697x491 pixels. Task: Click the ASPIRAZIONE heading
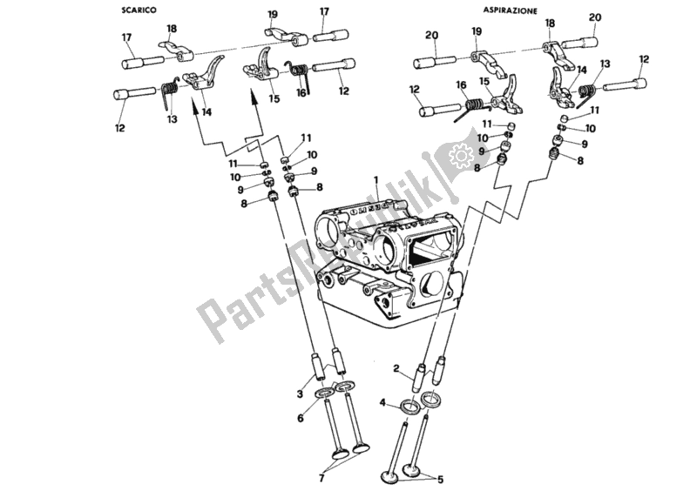coord(511,10)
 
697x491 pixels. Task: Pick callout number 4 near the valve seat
coord(301,418)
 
